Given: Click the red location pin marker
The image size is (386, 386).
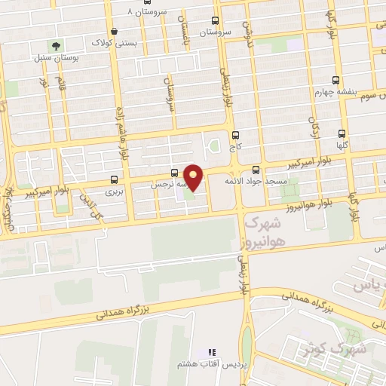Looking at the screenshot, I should coord(194,176).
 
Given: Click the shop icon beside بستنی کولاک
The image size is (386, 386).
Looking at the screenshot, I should coord(113,31).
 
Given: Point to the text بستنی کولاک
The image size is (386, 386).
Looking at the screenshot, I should coord(109,42).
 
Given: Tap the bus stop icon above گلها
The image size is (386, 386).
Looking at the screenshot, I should coord(343,133).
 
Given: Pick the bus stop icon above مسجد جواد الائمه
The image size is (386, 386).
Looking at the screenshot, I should coord(256,169).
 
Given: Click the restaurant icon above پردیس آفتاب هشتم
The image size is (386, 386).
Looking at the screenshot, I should coord(212,352).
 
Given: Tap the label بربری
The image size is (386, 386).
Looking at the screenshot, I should coord(112,192).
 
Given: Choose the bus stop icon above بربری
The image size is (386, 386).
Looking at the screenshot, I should coord(115,180).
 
